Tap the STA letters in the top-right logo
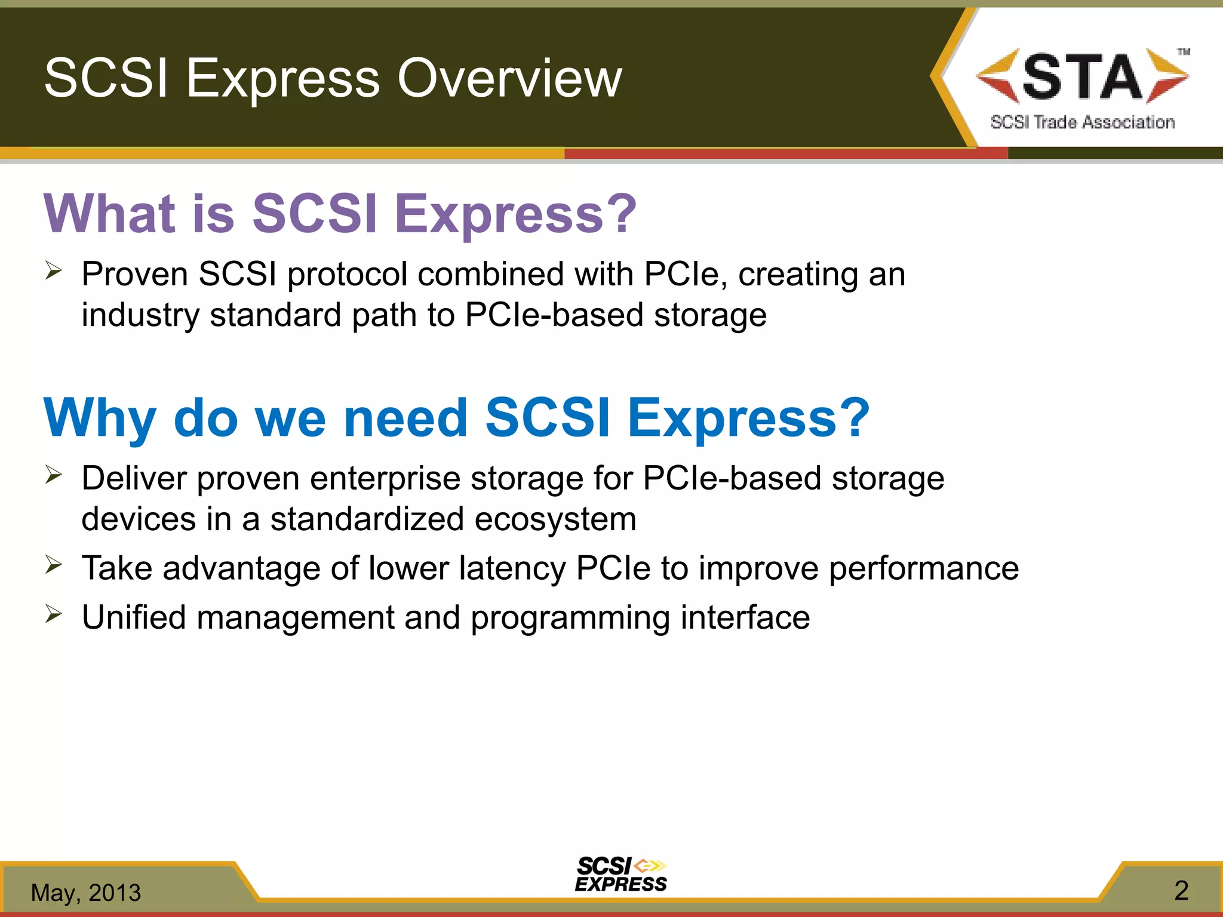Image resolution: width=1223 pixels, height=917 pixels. coord(1082,76)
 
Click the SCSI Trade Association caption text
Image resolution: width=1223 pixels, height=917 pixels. coord(1082,122)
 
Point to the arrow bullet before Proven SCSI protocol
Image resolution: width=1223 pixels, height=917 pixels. coord(53,272)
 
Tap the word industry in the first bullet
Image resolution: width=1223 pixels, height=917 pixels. coord(140,315)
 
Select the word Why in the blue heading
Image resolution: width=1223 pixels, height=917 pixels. coord(100,418)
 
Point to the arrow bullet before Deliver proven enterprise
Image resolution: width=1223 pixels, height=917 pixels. coord(53,476)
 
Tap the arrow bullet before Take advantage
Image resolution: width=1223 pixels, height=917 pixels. coord(53,565)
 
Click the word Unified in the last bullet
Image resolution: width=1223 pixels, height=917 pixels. coord(134,617)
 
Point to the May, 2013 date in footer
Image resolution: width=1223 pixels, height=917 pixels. coord(86,893)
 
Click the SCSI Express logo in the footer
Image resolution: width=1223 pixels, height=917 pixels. coord(620,875)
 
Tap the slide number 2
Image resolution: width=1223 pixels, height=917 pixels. coord(1181,891)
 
